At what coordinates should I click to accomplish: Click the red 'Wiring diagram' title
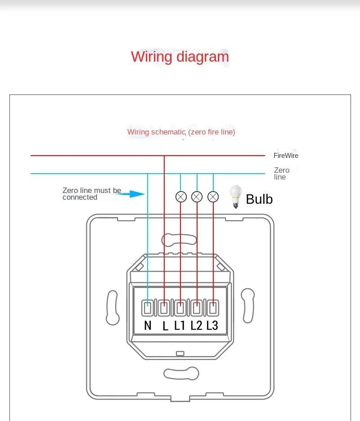tap(180, 57)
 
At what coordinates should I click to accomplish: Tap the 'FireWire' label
tap(286, 156)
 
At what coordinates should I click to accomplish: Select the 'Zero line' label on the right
tap(282, 174)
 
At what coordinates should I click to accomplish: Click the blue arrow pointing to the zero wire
tap(133, 194)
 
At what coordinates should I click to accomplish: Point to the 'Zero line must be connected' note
tap(92, 194)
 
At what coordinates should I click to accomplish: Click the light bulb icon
tap(235, 197)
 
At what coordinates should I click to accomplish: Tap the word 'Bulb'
tap(259, 199)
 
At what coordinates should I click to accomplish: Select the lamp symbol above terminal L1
tap(181, 197)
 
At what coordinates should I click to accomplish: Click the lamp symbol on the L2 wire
tap(197, 197)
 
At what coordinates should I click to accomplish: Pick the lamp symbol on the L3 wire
tap(213, 197)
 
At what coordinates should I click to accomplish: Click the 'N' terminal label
tap(148, 326)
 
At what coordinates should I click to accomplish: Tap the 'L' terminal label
tap(165, 326)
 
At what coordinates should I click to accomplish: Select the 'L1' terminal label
tap(180, 326)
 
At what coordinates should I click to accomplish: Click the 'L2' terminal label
tap(196, 326)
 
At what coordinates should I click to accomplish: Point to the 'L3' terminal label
tap(212, 326)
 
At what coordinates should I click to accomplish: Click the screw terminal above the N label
tap(148, 309)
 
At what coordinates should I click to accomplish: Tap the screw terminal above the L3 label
tap(212, 309)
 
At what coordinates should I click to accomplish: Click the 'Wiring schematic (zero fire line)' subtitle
tap(181, 132)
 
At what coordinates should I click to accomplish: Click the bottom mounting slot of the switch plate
tap(181, 373)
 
